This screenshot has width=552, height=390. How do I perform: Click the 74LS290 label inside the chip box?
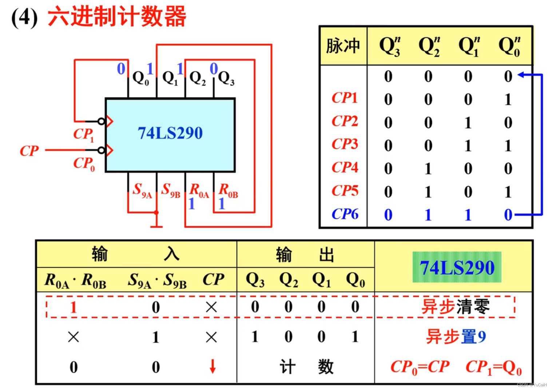coord(170,133)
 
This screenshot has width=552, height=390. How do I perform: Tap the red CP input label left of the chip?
coord(29,151)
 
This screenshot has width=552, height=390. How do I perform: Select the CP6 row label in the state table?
coord(345,214)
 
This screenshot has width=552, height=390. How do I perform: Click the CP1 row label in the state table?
coord(344,98)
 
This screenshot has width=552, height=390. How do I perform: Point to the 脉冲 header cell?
coord(343,46)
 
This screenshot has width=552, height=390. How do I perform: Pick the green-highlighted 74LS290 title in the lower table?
coord(457,268)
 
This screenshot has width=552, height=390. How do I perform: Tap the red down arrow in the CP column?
coord(213,366)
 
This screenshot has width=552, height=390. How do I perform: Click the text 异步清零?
coord(455,307)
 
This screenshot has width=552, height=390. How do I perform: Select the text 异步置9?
coord(456,336)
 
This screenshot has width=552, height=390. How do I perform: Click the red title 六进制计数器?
coord(117,16)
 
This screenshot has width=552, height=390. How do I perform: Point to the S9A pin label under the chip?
coord(142,190)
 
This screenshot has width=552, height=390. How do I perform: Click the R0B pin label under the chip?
coord(228,190)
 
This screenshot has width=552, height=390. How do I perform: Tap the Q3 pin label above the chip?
coord(226,78)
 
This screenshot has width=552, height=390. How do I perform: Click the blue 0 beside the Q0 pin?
coord(121,69)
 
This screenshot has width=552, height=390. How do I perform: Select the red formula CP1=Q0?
coord(493,367)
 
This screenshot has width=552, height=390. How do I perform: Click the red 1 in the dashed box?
coord(74,307)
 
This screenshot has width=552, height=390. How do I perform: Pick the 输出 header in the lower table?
coord(305,254)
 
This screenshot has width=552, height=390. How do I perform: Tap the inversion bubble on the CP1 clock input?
coord(101,121)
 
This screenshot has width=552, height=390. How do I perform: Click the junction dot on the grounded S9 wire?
coord(156,212)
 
